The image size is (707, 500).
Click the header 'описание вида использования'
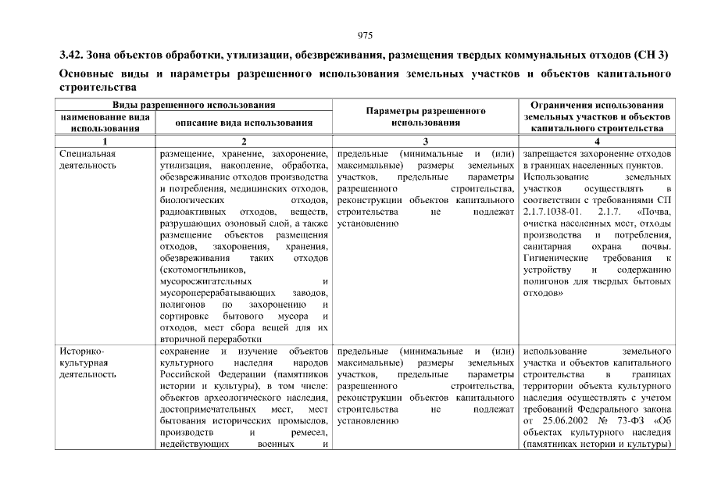coord(244,123)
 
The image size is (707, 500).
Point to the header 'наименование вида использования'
coord(105,123)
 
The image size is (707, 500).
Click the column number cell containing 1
coord(105,141)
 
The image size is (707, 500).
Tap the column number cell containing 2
coord(244,141)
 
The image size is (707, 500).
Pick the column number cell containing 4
coord(597,141)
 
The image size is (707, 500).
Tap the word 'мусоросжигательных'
coord(205,281)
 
